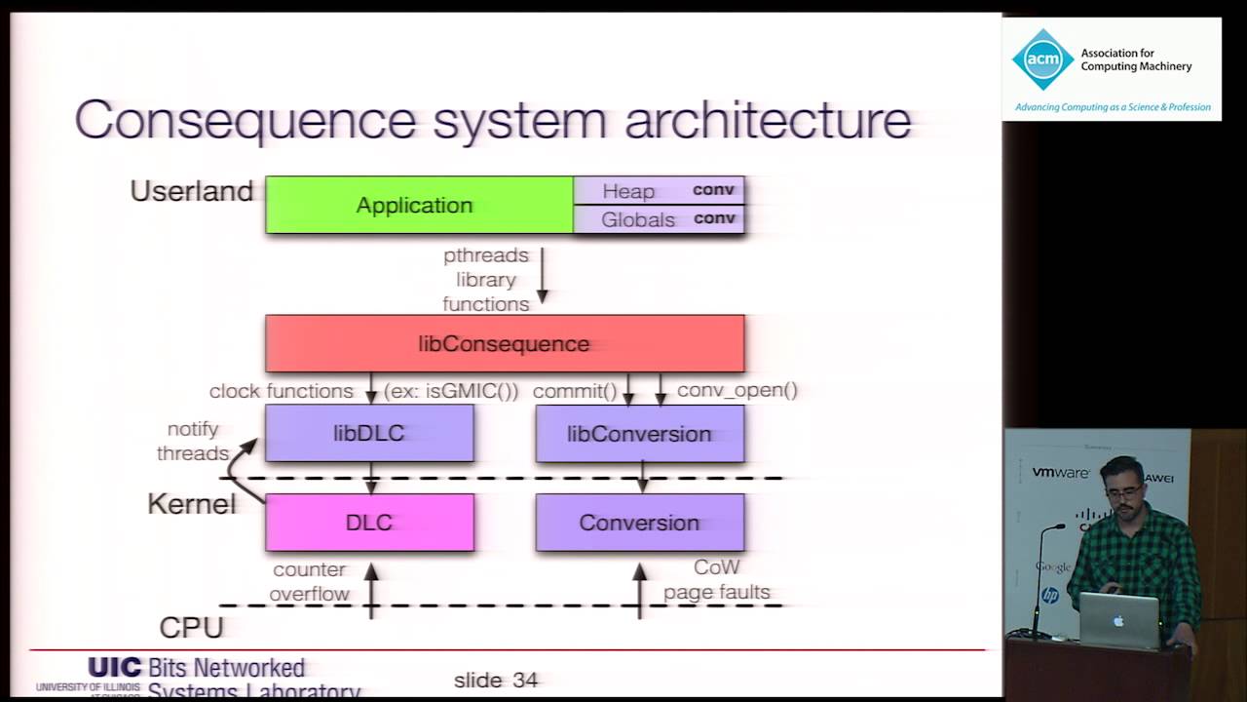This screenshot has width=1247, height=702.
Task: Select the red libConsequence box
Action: pyautogui.click(x=505, y=343)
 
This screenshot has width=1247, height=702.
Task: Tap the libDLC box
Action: pyautogui.click(x=369, y=434)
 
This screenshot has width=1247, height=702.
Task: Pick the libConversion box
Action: pyautogui.click(x=639, y=434)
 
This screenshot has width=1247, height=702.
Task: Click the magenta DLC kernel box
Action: pyautogui.click(x=369, y=523)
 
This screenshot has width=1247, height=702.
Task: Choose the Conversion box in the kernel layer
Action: pyautogui.click(x=639, y=523)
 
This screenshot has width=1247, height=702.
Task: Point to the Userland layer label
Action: pyautogui.click(x=192, y=191)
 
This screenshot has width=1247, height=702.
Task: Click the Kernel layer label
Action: pyautogui.click(x=191, y=504)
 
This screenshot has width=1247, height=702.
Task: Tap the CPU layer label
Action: pyautogui.click(x=191, y=627)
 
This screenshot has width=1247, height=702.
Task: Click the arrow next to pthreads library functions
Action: pyautogui.click(x=543, y=276)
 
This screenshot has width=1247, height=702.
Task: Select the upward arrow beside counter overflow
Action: pyautogui.click(x=371, y=589)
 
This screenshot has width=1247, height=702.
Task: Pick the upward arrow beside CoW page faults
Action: pyautogui.click(x=640, y=589)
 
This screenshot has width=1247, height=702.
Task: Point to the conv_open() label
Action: pyautogui.click(x=737, y=391)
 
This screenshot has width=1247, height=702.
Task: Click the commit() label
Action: pyautogui.click(x=575, y=391)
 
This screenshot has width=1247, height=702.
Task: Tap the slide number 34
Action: pyautogui.click(x=496, y=680)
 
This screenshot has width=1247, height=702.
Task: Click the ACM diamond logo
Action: pyautogui.click(x=1042, y=59)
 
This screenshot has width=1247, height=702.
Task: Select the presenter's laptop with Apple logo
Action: pyautogui.click(x=1119, y=621)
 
